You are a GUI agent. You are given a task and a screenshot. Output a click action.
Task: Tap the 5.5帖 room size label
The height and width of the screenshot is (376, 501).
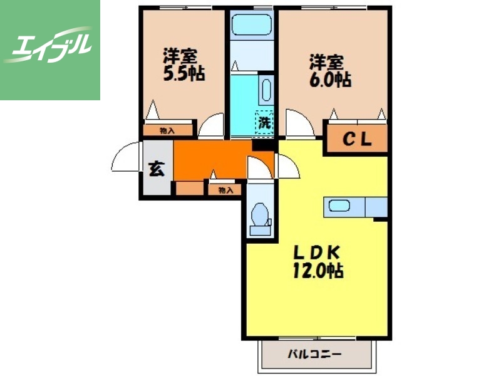point(184,73)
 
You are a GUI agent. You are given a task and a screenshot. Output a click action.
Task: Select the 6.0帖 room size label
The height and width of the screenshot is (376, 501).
point(330,80)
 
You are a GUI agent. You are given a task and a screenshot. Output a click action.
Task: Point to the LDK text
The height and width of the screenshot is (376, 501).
point(317,253)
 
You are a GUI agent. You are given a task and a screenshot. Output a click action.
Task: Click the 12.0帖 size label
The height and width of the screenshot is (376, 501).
point(318,271)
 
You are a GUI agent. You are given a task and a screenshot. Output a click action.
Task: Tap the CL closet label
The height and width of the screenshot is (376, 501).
point(357,139)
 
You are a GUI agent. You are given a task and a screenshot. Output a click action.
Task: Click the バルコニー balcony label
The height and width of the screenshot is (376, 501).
point(315,354)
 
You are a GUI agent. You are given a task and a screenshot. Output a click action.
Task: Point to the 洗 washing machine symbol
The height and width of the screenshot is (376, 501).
point(264,123)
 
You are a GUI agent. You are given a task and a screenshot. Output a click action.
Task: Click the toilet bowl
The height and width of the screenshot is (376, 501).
point(260,214)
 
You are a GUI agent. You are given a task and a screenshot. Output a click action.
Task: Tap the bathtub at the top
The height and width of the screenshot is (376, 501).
point(252,25)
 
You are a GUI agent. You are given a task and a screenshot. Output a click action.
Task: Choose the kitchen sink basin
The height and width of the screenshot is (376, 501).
point(339,206)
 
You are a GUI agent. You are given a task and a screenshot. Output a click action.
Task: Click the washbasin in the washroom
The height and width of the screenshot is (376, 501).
point(266,90)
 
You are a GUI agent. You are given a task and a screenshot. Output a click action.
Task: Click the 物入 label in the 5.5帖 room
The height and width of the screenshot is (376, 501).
point(167,130)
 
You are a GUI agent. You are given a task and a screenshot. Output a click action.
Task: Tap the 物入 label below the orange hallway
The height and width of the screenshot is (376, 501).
point(225,191)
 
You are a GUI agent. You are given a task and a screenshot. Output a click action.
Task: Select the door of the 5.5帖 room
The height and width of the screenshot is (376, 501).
point(211,126)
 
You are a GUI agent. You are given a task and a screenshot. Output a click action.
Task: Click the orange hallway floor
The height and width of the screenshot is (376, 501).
point(211,160)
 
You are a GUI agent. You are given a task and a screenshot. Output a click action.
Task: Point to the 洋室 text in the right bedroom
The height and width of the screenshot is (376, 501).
point(326,62)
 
